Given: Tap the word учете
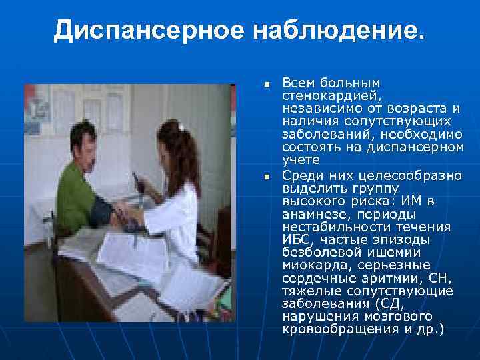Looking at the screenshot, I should pyautogui.click(x=301, y=160).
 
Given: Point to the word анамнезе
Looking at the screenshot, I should pyautogui.click(x=313, y=214).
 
